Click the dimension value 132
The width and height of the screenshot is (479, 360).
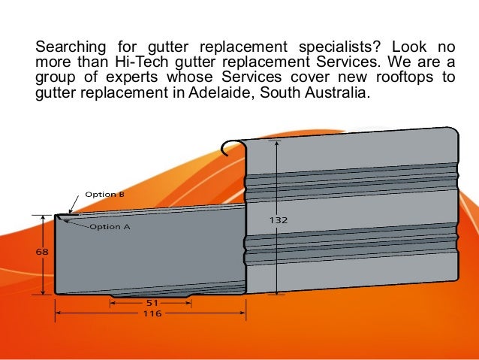click(x=279, y=220)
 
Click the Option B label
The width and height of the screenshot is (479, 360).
click(x=104, y=194)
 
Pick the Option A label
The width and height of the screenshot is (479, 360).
click(x=110, y=226)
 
